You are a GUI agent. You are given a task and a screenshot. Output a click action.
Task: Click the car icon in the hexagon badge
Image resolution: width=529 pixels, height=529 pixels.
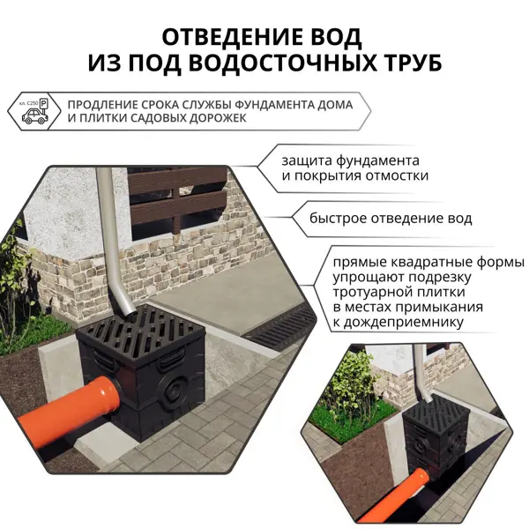(x=34, y=117)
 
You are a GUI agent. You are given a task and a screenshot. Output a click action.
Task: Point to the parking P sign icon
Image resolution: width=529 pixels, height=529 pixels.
(x=44, y=104)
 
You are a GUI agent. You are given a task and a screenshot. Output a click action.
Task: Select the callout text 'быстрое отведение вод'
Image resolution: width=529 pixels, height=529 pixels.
(x=391, y=219)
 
